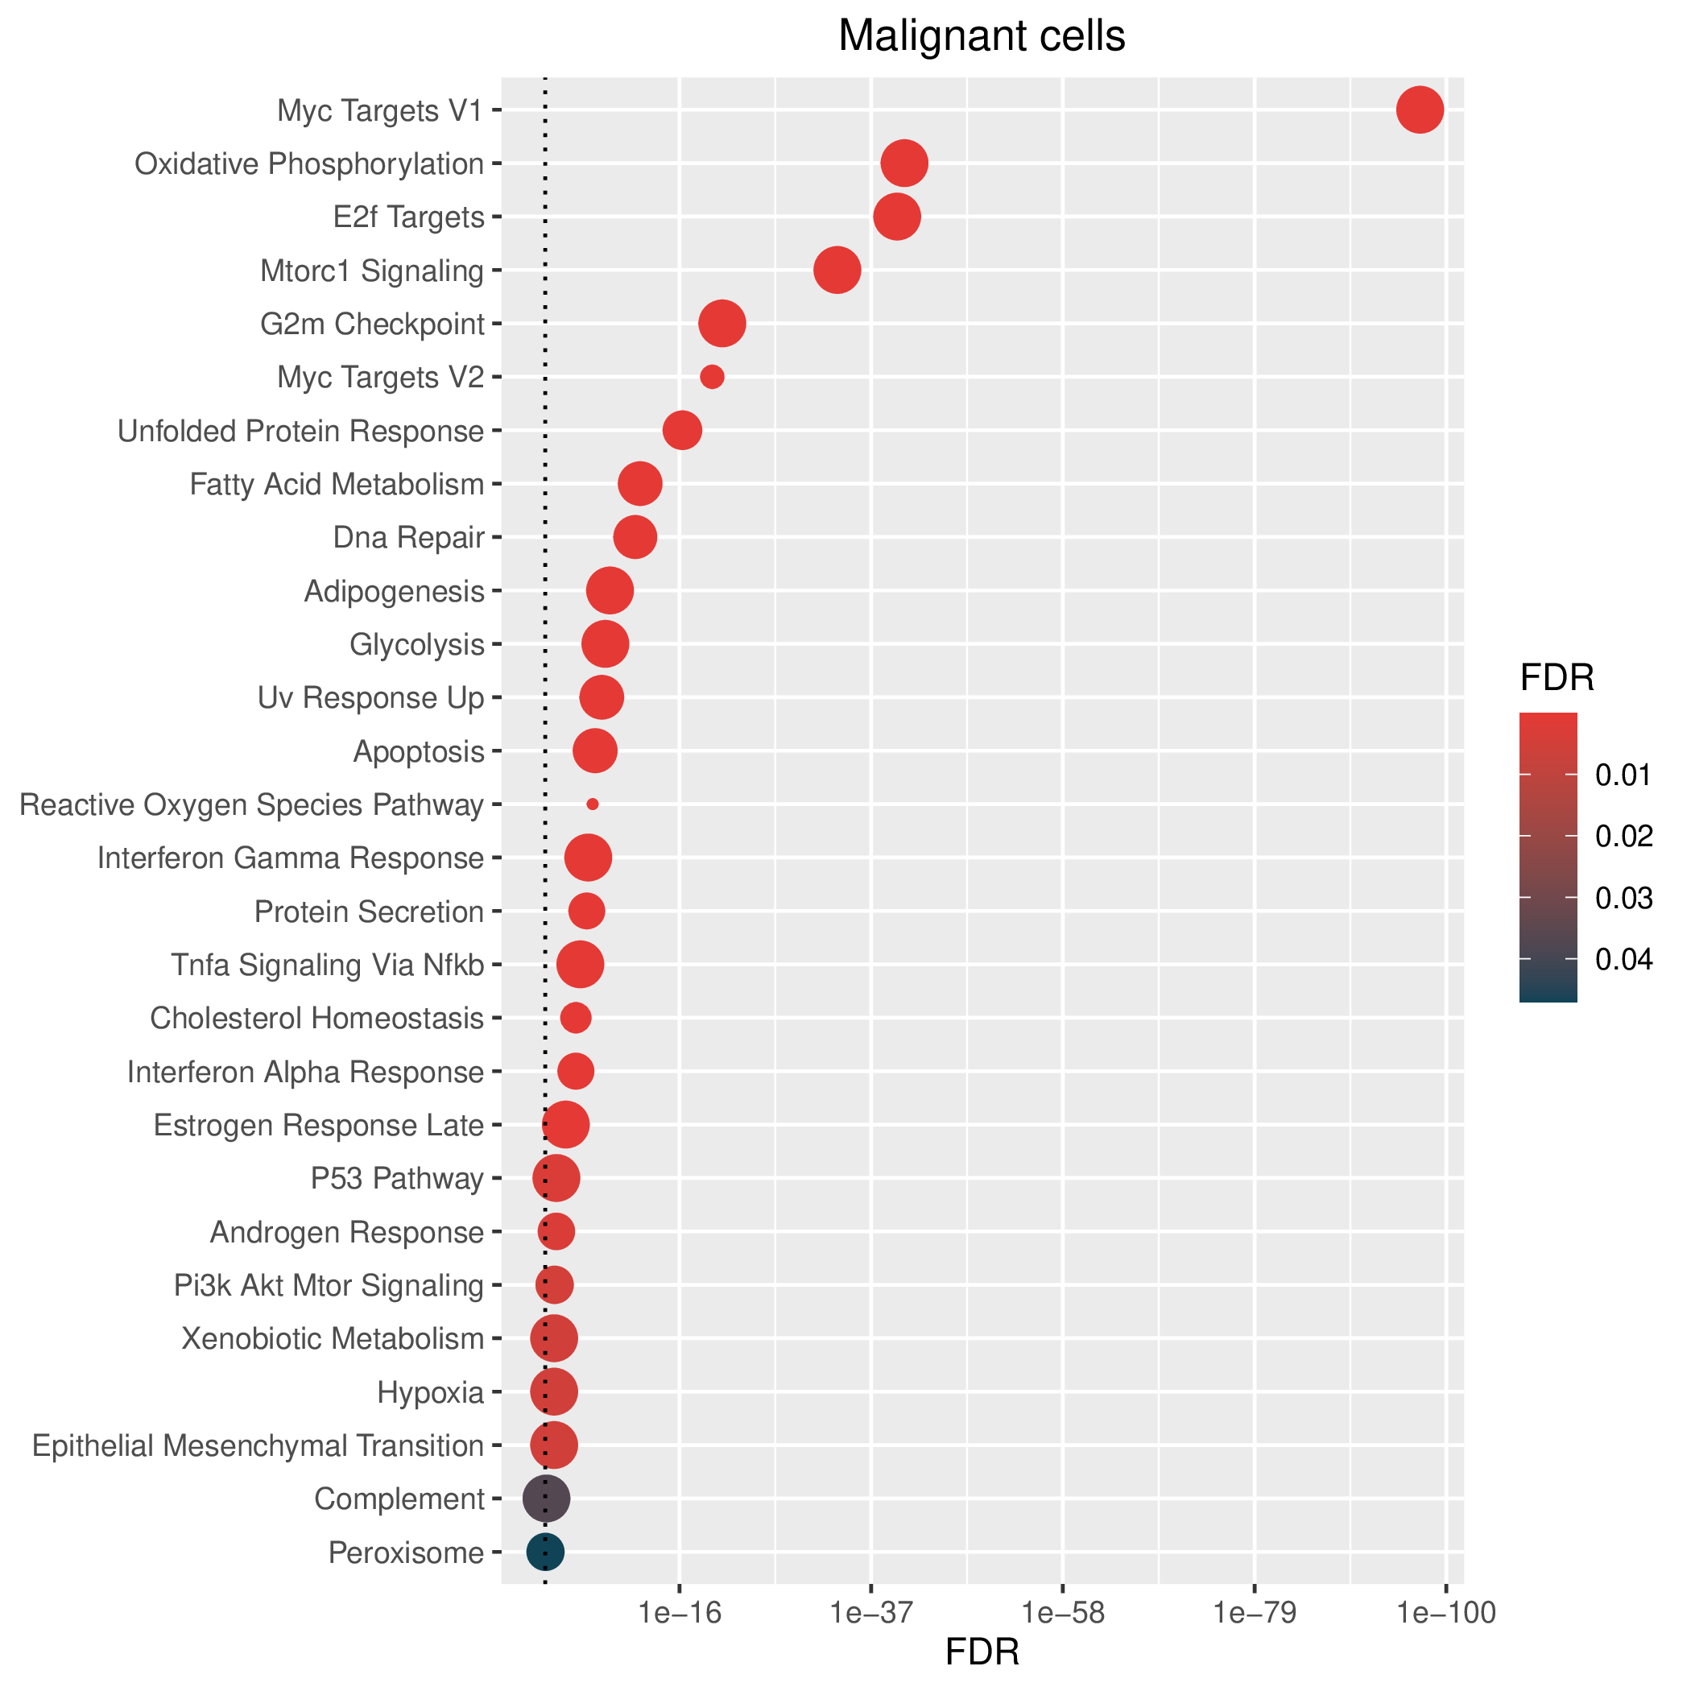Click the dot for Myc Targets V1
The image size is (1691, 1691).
tap(1420, 110)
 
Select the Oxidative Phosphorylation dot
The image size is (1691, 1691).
tap(904, 163)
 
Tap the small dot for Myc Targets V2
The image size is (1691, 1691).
tap(712, 377)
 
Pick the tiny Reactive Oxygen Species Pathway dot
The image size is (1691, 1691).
tap(593, 804)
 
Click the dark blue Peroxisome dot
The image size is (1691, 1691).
tap(545, 1552)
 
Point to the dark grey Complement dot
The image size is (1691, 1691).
tap(546, 1499)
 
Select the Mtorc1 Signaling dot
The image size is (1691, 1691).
tap(837, 271)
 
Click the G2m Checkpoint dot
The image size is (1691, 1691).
tap(722, 324)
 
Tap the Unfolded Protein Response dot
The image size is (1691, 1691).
tap(683, 431)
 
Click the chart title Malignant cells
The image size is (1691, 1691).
tap(982, 37)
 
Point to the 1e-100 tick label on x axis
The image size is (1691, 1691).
tap(1446, 1613)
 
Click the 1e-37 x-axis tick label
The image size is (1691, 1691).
tap(871, 1613)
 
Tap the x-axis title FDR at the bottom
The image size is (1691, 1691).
tap(982, 1652)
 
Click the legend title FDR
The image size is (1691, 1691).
tap(1557, 678)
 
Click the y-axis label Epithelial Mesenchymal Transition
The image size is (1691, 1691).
tap(258, 1446)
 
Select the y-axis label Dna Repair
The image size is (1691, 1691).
tap(409, 537)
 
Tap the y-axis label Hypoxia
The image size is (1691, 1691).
tap(431, 1392)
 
